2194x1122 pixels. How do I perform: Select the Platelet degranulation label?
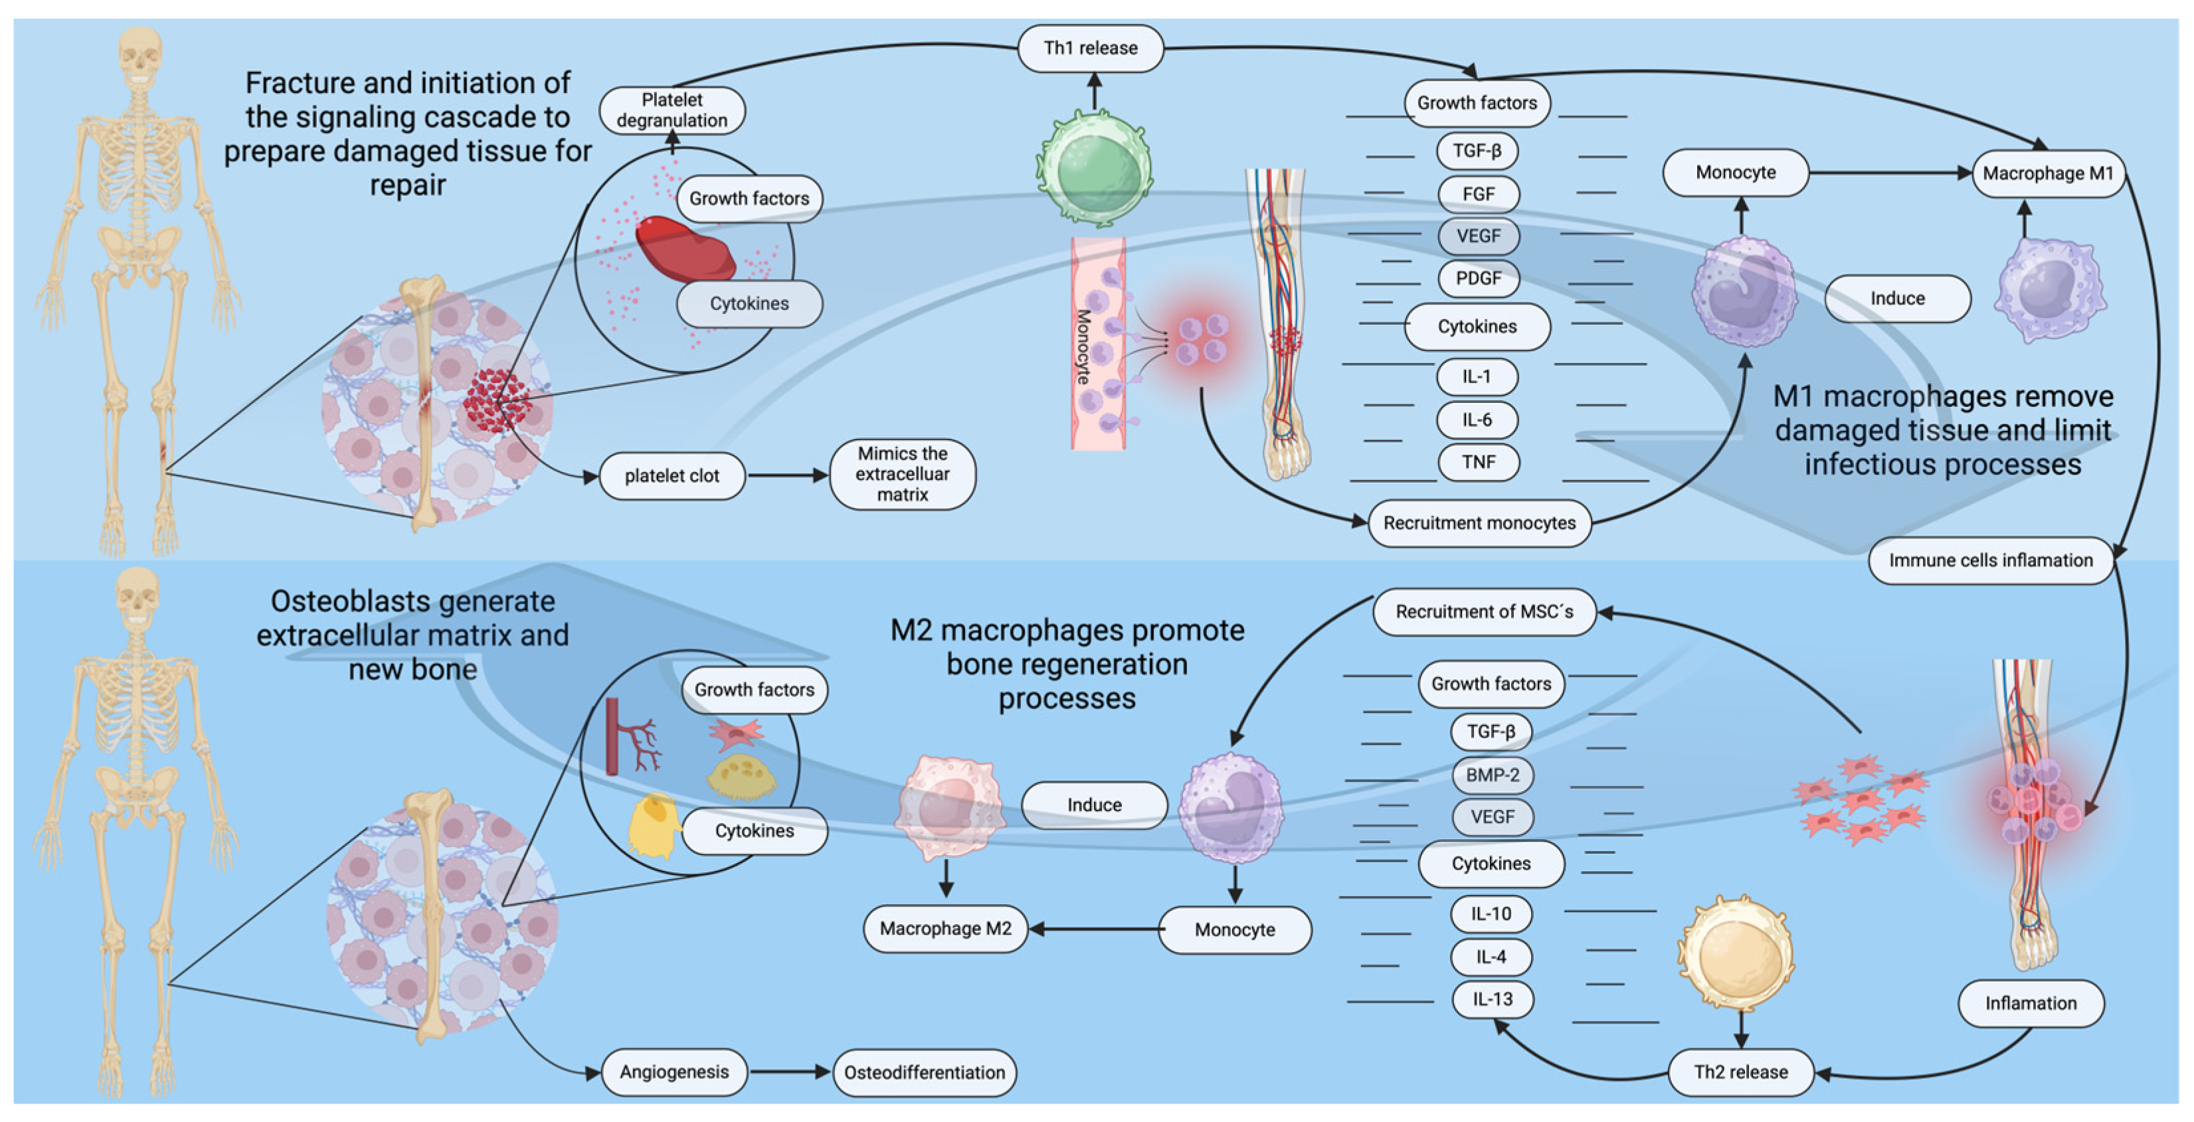[x=672, y=110]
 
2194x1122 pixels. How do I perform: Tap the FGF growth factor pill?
[x=1479, y=194]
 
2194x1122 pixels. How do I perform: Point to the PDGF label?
[x=1479, y=278]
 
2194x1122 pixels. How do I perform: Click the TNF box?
[x=1479, y=462]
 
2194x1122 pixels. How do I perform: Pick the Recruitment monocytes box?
[x=1479, y=522]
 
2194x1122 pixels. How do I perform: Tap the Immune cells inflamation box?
[x=1991, y=560]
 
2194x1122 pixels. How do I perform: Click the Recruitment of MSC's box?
[x=1485, y=611]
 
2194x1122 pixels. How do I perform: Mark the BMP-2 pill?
[x=1492, y=775]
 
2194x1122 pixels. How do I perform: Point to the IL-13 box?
[x=1492, y=999]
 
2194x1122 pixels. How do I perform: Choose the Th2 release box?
[x=1741, y=1072]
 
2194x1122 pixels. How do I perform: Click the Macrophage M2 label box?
[x=945, y=929]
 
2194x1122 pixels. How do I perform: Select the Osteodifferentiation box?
[x=924, y=1073]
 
